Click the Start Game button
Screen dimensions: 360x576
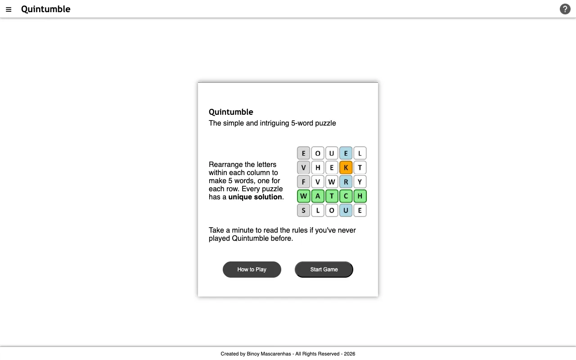(324, 270)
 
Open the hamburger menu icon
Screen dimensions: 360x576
(9, 9)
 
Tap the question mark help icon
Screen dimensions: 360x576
(565, 9)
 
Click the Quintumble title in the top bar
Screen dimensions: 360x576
(46, 9)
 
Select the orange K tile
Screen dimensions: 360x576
(346, 167)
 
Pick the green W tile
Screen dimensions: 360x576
(304, 196)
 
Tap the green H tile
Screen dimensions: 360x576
(360, 196)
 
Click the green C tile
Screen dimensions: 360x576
(346, 196)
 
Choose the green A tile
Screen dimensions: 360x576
(318, 196)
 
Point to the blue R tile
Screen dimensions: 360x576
(346, 182)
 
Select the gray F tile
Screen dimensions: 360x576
(304, 182)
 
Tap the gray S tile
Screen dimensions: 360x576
(304, 210)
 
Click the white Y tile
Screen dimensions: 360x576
(360, 182)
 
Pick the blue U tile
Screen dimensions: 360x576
(346, 210)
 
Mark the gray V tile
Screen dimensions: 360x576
(304, 167)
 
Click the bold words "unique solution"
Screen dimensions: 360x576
(255, 197)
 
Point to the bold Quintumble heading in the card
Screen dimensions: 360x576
(231, 112)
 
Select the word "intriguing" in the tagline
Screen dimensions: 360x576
(274, 123)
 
